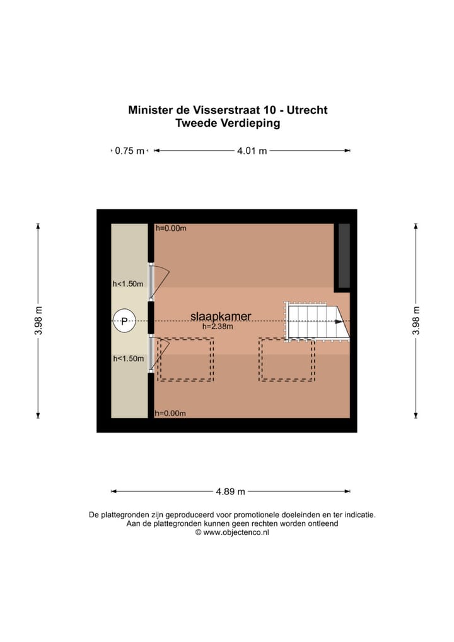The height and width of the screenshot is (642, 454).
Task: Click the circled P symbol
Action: (124, 322)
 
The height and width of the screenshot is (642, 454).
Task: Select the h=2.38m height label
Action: (218, 327)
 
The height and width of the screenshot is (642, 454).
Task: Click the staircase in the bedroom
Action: (313, 321)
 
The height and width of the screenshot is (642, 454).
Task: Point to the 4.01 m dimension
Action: (252, 151)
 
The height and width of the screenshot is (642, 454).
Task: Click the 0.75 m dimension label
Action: (129, 151)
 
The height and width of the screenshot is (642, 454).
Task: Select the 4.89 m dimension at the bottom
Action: (230, 491)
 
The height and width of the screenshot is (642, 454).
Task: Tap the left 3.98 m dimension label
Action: (38, 322)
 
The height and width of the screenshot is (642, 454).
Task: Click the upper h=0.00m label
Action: (170, 228)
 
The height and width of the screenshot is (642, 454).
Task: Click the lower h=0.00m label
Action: (170, 413)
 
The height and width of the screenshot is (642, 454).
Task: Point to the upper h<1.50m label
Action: (128, 284)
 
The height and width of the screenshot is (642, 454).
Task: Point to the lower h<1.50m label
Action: (128, 358)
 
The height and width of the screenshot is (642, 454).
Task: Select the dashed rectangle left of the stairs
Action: (286, 359)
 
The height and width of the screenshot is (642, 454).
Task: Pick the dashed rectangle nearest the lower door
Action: (185, 359)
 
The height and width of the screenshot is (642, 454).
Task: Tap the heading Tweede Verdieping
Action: (228, 124)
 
